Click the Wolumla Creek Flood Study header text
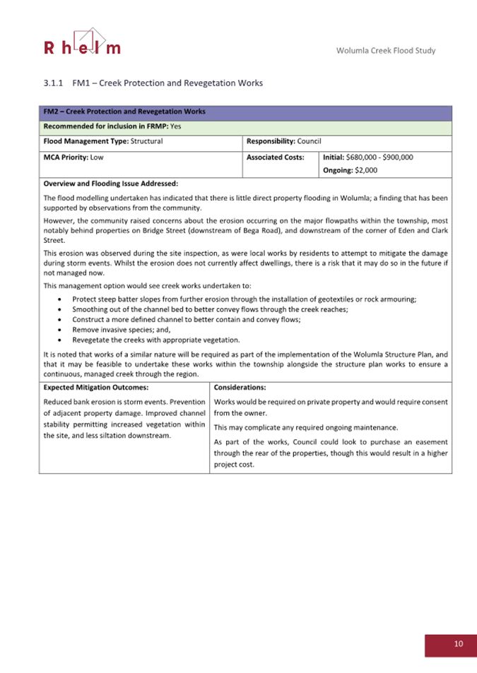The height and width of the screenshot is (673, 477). point(386,50)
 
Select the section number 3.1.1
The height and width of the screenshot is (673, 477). point(54,83)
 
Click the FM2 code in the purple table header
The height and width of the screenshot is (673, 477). point(52,112)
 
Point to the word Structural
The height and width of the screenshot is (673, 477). point(144,141)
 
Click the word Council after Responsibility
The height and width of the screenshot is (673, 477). point(310,141)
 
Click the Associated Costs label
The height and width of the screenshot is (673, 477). point(275,157)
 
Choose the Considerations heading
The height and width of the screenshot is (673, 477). point(240,388)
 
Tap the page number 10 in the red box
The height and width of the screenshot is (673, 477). point(459,643)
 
